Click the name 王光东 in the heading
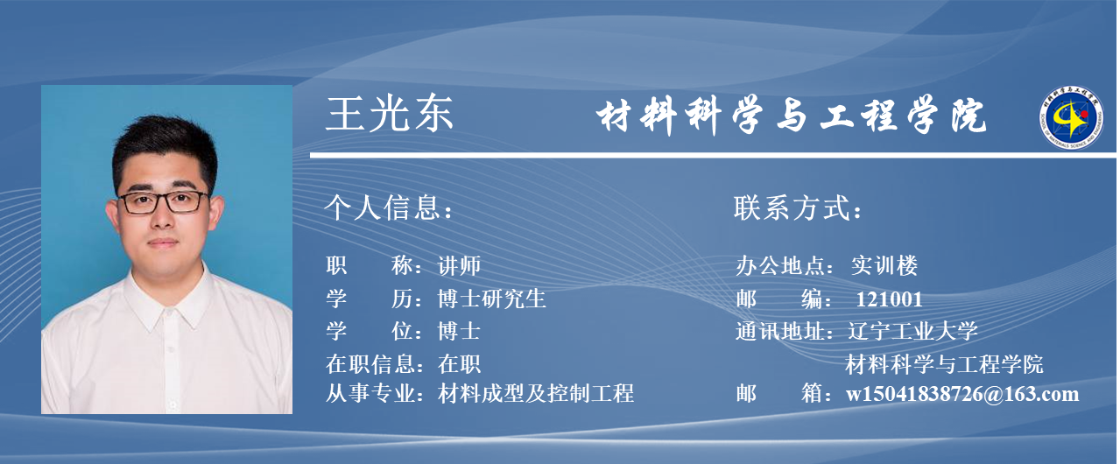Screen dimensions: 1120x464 tap(389, 115)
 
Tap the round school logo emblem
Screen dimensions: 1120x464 tap(1071, 117)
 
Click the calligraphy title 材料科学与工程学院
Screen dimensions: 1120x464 tap(791, 116)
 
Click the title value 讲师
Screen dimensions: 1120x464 tap(459, 265)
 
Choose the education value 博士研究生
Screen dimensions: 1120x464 tap(491, 299)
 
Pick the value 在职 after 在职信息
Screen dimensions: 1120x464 tap(459, 364)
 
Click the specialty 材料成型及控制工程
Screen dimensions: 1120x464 tap(536, 393)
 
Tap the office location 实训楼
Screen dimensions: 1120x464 tap(884, 265)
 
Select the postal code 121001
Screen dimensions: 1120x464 tap(889, 299)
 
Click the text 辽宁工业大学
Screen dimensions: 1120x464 tap(912, 331)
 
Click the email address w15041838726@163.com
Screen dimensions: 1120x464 tap(962, 394)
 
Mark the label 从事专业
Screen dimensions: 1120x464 tap(370, 393)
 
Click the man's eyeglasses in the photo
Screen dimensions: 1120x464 tap(164, 202)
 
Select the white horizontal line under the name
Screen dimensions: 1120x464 tap(713, 156)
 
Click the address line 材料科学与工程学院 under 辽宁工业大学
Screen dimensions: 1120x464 tap(944, 364)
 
